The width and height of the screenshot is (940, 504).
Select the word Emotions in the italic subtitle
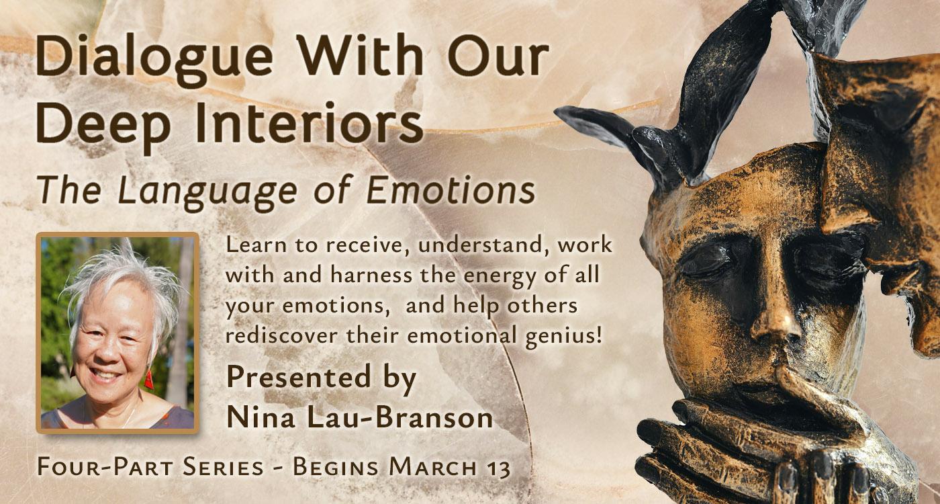pyautogui.click(x=451, y=190)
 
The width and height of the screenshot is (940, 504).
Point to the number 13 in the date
pyautogui.click(x=498, y=468)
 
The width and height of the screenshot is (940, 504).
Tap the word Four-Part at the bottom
pyautogui.click(x=105, y=468)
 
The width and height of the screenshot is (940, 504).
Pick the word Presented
pyautogui.click(x=299, y=376)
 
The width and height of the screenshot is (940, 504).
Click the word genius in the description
pyautogui.click(x=563, y=337)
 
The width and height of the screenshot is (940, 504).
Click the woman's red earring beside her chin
pyautogui.click(x=148, y=378)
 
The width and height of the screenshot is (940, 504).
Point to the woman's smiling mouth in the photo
pyautogui.click(x=103, y=374)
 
